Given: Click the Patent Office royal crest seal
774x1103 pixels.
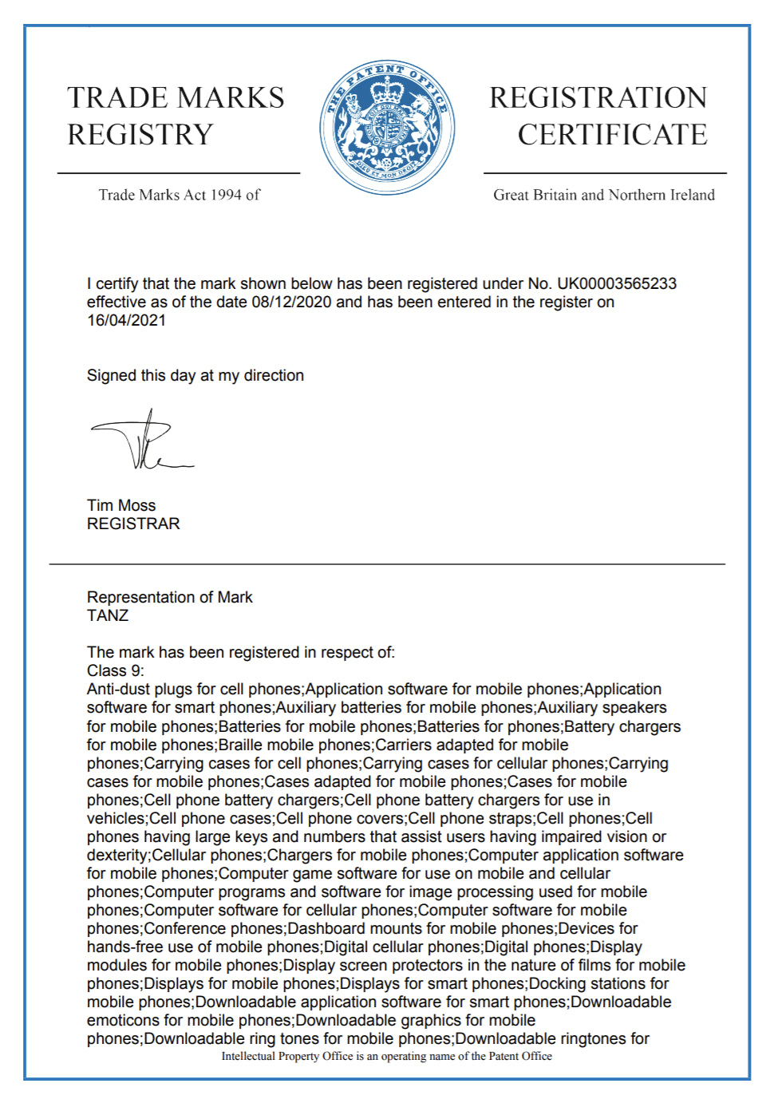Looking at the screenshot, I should pos(387,128).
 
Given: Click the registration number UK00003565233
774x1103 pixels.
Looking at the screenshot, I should pos(616,283).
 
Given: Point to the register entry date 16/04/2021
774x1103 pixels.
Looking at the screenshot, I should pos(126,320).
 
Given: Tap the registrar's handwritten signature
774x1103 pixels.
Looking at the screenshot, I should pos(142,441).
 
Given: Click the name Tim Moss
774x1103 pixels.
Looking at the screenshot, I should pos(121,505).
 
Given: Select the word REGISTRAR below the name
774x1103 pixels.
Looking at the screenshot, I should pos(133,524).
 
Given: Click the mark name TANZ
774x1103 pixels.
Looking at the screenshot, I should pos(108,615).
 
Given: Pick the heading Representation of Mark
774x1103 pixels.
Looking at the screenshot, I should pos(169,597).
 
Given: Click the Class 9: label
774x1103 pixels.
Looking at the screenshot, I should pos(115,670).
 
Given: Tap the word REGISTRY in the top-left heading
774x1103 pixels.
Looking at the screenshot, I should pos(140,134).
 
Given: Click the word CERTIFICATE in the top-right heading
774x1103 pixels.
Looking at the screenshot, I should pos(612,134).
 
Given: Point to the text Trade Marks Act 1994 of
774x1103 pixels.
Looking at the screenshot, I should pos(179,195).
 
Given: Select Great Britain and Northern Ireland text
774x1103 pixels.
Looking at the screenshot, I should pos(603,195).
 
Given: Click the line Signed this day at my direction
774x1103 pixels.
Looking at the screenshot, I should pos(195,375).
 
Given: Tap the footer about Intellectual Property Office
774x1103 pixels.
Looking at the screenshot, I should pos(386,1056).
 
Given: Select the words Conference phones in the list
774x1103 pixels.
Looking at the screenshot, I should pos(214,928).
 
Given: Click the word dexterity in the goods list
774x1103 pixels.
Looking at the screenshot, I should pos(117,855).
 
